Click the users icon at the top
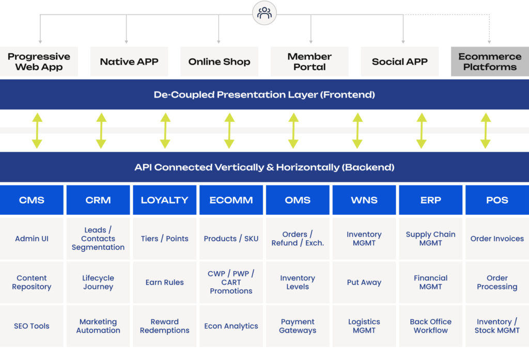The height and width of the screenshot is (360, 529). point(264,13)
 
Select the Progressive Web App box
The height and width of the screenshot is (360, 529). point(39,61)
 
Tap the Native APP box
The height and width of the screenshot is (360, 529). point(129,61)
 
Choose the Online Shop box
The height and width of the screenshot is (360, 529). point(219,61)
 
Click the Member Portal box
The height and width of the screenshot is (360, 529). point(309,61)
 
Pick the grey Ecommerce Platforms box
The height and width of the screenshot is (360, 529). point(490,61)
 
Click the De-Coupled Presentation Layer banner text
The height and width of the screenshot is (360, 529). point(264,95)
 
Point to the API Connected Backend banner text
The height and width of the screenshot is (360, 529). point(264,167)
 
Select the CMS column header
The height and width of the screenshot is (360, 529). point(32,200)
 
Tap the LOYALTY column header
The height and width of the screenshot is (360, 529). point(164,200)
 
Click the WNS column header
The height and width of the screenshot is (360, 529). point(364,200)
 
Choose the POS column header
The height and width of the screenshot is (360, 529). point(497,200)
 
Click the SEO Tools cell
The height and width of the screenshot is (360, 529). point(32,326)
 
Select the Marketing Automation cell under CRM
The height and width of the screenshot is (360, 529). point(98,326)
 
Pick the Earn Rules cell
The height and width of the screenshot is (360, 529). point(164,283)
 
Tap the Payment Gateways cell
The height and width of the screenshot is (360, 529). point(298,326)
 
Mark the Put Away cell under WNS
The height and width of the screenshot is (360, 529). point(364,283)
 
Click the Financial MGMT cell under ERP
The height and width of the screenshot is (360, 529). point(430,283)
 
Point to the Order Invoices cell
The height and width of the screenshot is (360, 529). point(497,239)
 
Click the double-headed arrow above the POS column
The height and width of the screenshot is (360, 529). point(486,131)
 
